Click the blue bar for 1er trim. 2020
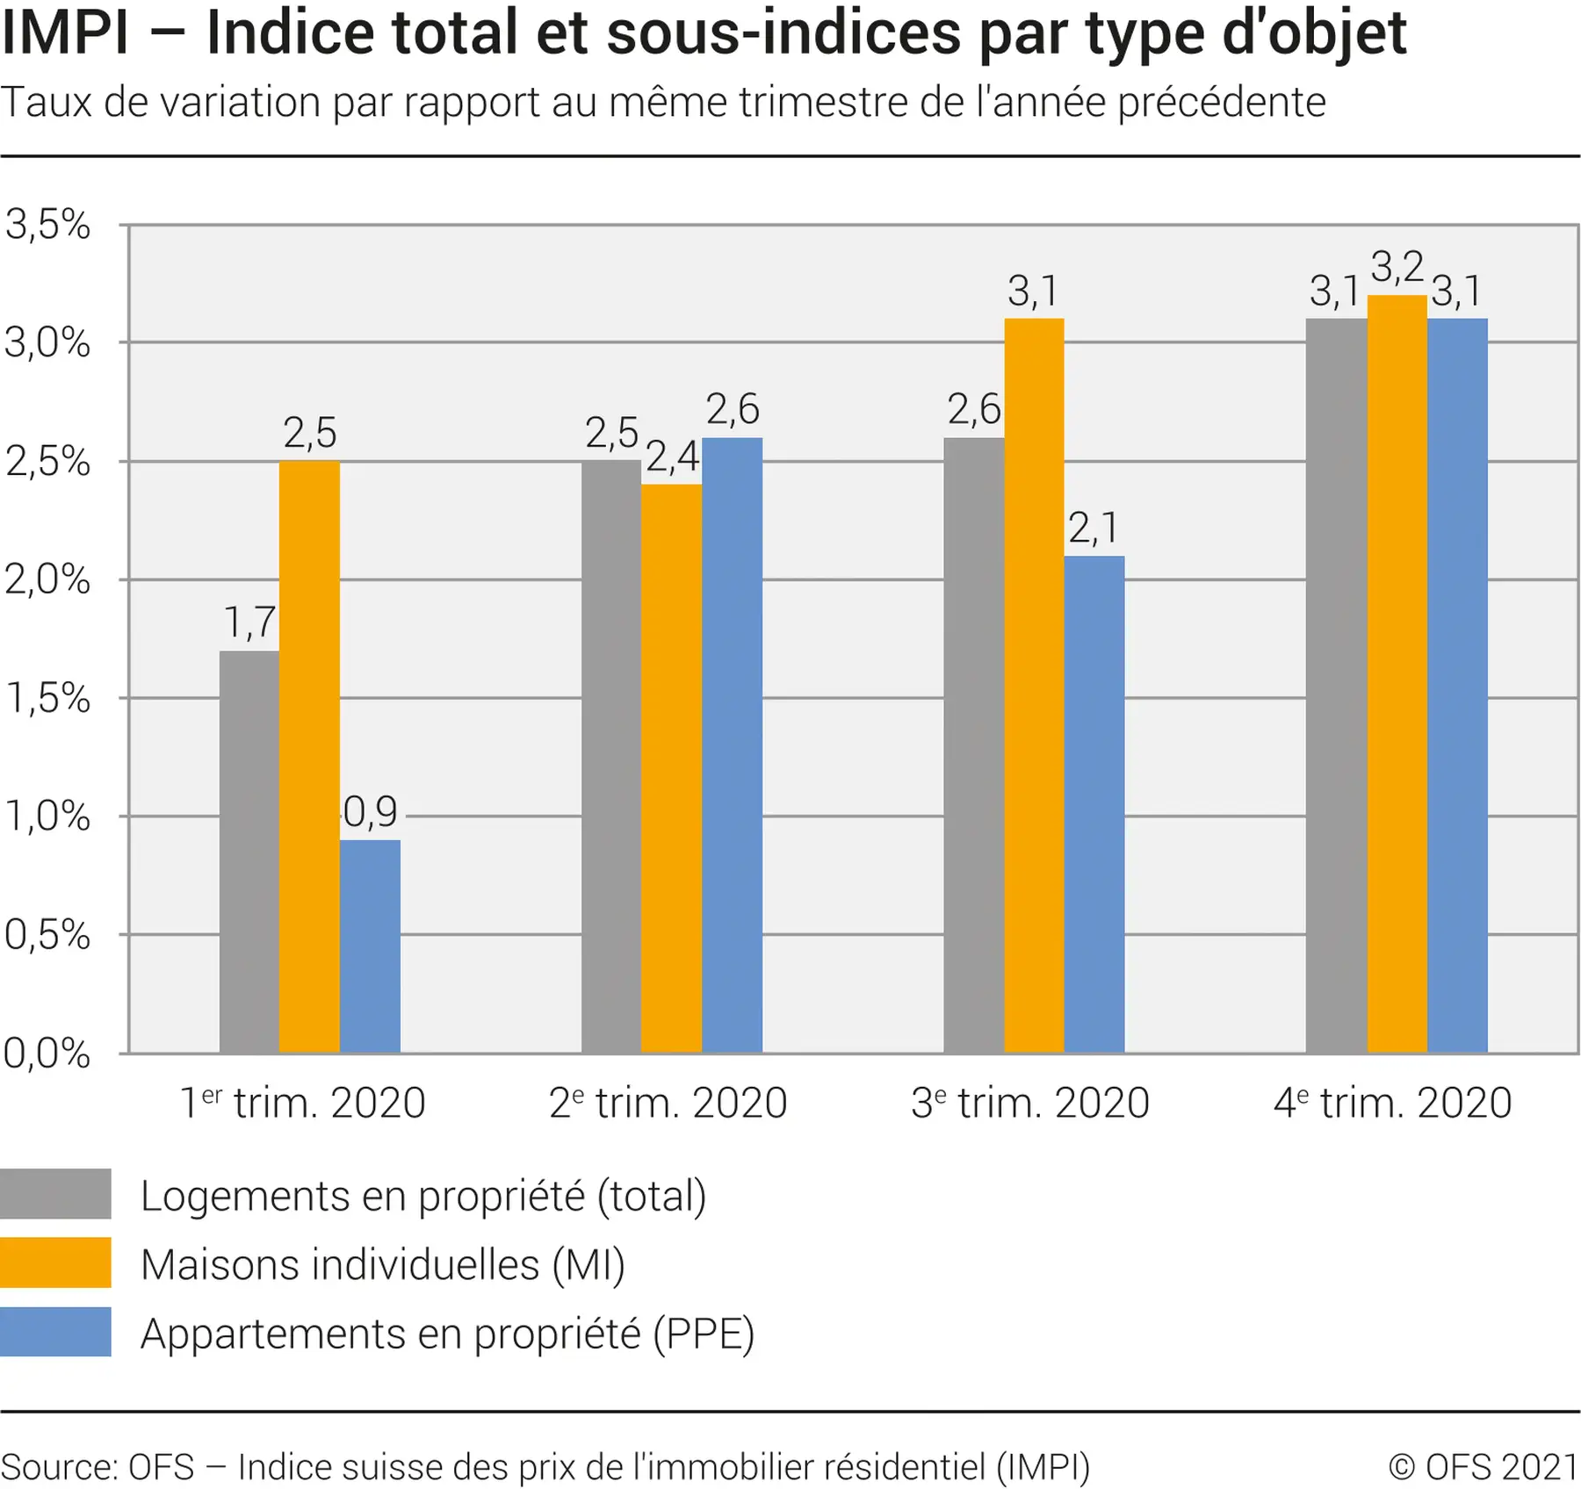[x=370, y=946]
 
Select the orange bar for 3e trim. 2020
[x=1034, y=685]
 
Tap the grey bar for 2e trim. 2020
[x=611, y=756]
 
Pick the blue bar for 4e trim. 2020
[x=1457, y=685]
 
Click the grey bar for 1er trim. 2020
[x=249, y=852]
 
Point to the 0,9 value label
[x=370, y=812]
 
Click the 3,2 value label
[x=1397, y=267]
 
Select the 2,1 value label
[x=1094, y=528]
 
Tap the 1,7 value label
[x=249, y=622]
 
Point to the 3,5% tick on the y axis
[x=47, y=225]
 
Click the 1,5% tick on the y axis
[x=47, y=698]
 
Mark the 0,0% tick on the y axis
[x=47, y=1053]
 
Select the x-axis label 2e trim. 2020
[x=668, y=1103]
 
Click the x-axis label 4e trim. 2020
[x=1392, y=1103]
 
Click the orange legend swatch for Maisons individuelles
[x=55, y=1262]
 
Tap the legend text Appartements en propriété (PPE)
[x=447, y=1334]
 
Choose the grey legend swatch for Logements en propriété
[x=55, y=1194]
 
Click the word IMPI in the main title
[x=65, y=33]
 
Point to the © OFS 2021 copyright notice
[x=1483, y=1467]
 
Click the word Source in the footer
[x=58, y=1467]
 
